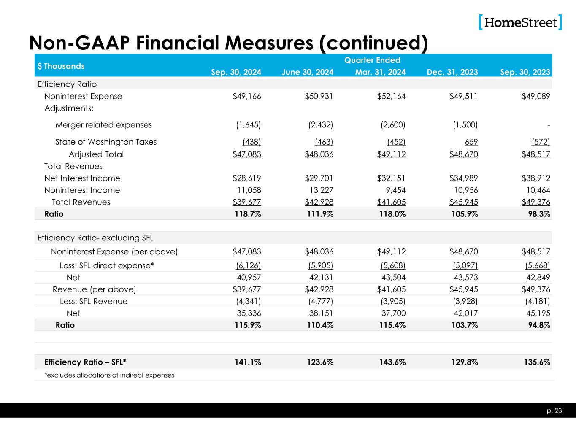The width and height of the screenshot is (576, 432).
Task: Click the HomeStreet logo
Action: coord(520,22)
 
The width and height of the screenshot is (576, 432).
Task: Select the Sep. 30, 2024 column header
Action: coord(236,72)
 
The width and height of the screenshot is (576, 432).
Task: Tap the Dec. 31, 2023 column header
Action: coord(452,72)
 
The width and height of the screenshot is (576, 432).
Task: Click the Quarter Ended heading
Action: coord(372,60)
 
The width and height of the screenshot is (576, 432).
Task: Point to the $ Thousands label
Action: coord(61,66)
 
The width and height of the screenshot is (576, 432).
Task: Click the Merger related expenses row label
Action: coord(103,125)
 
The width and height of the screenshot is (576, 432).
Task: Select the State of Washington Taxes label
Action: coord(106,142)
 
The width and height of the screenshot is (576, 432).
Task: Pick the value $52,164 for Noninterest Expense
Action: coord(391,96)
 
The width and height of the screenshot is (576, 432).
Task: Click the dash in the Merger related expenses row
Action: coord(549,125)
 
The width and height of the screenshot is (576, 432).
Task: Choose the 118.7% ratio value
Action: coord(248,214)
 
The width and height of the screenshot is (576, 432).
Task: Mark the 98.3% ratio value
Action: coord(538,214)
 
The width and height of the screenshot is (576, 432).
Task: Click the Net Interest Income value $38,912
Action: coord(535,178)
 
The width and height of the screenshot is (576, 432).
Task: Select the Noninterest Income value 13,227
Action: coord(320,190)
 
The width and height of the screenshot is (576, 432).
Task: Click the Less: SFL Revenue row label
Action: coord(94,301)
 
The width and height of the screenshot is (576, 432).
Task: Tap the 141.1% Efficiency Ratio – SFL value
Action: coord(248,362)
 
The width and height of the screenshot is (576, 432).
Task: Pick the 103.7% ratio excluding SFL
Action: coord(464,325)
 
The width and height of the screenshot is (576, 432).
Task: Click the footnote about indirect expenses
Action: coord(109,375)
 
